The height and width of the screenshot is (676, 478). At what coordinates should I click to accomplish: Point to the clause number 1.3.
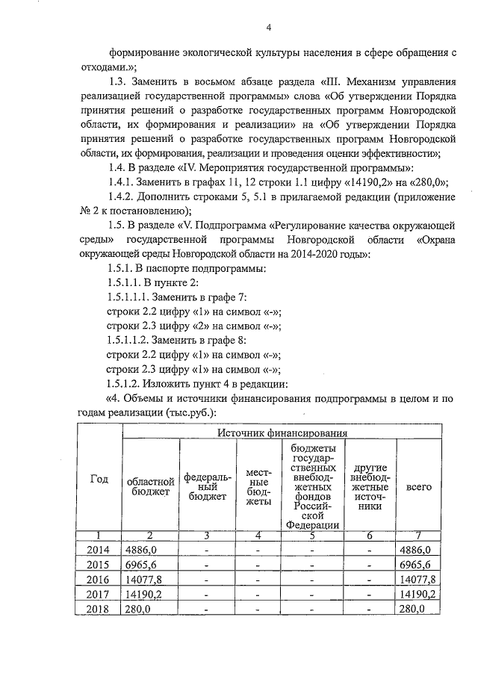[119, 81]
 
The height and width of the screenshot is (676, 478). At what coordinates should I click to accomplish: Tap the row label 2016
[99, 579]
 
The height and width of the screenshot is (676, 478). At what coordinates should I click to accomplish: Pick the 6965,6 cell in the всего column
[418, 564]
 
